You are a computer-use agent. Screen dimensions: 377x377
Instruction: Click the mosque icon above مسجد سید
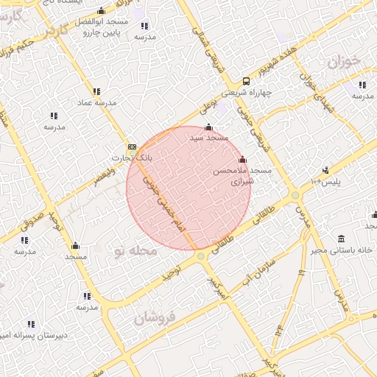tap(209, 127)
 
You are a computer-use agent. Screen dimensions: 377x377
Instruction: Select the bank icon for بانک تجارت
tap(132, 147)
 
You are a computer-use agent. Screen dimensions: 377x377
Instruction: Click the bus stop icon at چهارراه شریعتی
tap(246, 82)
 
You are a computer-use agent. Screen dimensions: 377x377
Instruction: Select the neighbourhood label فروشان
tap(157, 318)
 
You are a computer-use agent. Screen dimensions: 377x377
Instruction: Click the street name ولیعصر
tap(104, 177)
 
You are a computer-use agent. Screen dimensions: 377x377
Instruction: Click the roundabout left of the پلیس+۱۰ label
tap(295, 195)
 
